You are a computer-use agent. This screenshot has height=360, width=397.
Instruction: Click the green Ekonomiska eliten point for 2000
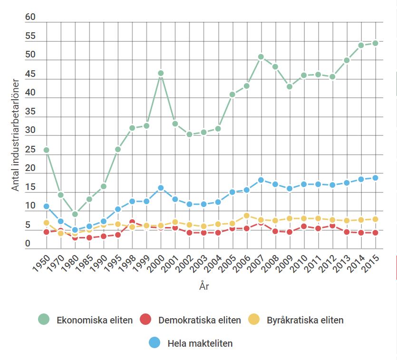(x=161, y=74)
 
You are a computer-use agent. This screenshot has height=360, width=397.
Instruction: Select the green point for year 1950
(x=46, y=150)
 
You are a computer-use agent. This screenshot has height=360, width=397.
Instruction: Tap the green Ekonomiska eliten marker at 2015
(x=375, y=43)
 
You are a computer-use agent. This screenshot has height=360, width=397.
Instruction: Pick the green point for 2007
(x=261, y=57)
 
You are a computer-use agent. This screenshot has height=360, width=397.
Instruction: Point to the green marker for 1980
(x=75, y=214)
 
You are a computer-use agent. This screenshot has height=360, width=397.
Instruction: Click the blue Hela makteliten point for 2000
(x=161, y=188)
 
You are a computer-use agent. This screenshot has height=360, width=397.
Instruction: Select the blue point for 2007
(x=261, y=180)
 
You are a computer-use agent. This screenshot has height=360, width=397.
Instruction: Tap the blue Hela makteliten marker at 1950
(x=46, y=207)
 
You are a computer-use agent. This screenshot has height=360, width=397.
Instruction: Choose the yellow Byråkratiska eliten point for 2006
(x=247, y=216)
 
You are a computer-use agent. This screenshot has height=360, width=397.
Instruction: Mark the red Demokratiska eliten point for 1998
(x=132, y=222)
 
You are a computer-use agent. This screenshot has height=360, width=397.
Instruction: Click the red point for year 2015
(x=375, y=233)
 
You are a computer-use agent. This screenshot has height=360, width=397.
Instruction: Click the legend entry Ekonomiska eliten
(x=94, y=320)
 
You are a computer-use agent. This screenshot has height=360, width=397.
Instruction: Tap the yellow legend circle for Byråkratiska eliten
(x=255, y=320)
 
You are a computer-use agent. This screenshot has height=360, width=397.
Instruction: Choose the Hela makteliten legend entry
(x=200, y=343)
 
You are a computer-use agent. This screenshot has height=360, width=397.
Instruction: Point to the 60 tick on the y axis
(x=30, y=17)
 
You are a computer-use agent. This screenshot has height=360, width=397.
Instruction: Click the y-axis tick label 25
(x=30, y=150)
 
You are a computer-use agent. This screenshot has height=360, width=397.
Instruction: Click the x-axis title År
(x=204, y=287)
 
